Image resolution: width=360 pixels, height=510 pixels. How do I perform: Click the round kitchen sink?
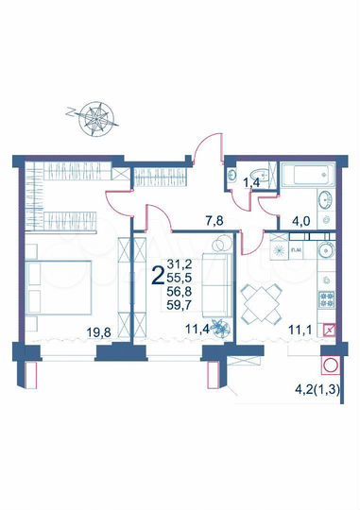(x=326, y=252)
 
